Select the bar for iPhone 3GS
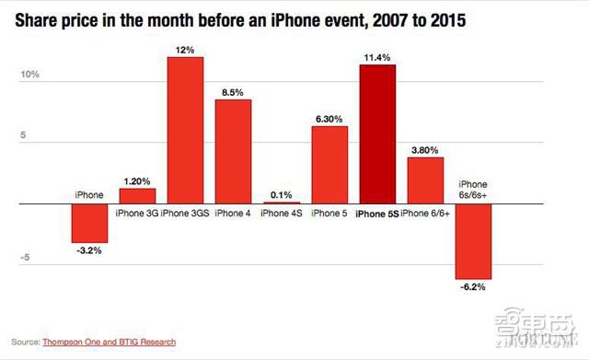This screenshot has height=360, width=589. [185, 130]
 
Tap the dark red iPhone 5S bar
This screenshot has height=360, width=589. [378, 134]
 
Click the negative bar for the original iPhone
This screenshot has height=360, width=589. [89, 222]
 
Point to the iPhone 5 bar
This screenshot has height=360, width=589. [329, 164]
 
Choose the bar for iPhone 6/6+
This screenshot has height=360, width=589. [426, 179]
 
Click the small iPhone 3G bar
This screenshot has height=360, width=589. [137, 194]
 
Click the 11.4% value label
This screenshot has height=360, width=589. [378, 57]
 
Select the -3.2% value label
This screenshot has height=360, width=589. [89, 250]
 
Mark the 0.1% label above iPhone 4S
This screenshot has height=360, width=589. [282, 194]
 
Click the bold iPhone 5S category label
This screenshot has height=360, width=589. [378, 213]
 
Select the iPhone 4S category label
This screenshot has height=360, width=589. [282, 213]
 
